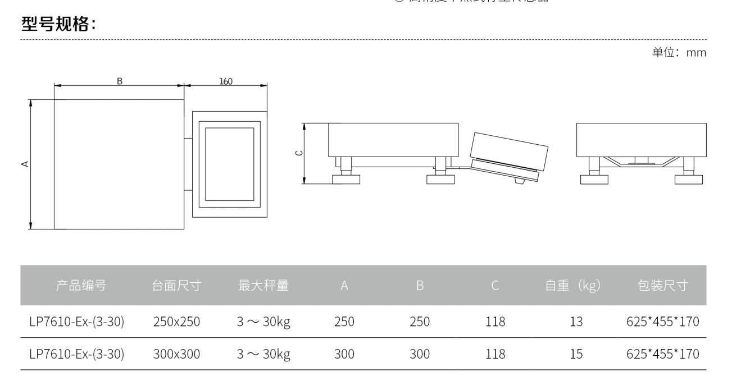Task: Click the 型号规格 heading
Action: point(58,24)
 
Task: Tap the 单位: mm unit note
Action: point(679,53)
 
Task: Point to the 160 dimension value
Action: point(225,81)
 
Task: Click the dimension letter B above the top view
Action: point(119,81)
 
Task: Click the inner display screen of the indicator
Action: point(229,164)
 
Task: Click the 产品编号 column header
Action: point(81,286)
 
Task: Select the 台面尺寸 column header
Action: point(176,286)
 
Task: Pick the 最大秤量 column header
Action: point(263,286)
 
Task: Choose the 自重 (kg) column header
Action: point(572,286)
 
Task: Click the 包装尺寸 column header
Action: point(662,286)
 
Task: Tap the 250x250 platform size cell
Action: point(176,322)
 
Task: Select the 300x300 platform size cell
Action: point(176,355)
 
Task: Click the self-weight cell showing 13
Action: point(576,322)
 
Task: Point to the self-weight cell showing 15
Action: point(576,355)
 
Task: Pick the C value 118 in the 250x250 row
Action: point(495,322)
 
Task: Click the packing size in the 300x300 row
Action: point(662,355)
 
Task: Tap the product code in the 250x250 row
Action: point(76,322)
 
